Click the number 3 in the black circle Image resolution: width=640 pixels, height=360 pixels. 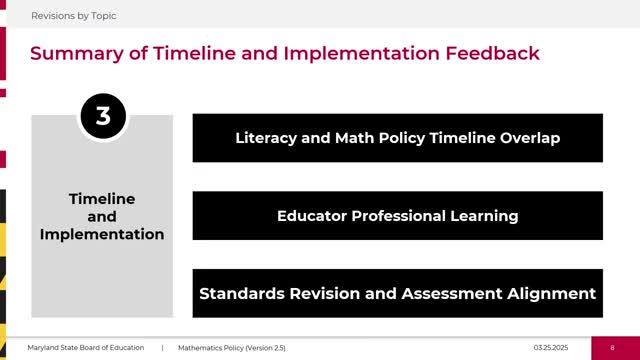click(x=102, y=117)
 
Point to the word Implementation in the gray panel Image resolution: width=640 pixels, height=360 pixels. click(x=102, y=234)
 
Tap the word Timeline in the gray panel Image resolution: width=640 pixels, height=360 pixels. click(x=102, y=199)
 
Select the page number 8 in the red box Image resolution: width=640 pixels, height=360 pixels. click(x=612, y=347)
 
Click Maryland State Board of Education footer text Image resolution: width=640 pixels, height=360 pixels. click(x=85, y=347)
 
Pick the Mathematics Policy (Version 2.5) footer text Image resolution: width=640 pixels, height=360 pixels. click(x=231, y=347)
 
